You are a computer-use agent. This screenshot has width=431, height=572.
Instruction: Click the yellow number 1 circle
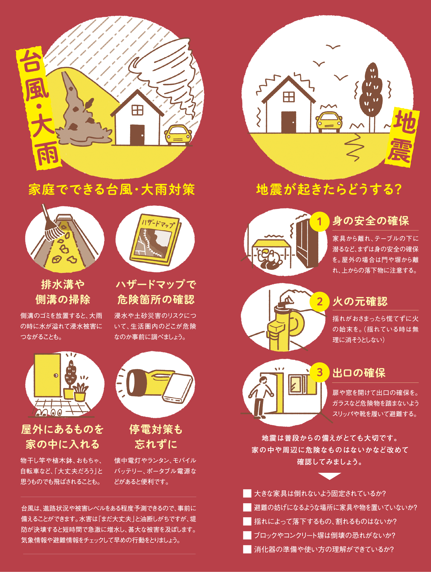320,221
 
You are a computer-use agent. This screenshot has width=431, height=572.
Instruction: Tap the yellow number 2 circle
320,302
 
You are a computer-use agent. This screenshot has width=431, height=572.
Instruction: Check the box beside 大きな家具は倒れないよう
247,493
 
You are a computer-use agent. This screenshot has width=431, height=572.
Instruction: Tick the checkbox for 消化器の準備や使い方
247,549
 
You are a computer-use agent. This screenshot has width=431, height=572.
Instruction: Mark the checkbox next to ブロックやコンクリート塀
247,535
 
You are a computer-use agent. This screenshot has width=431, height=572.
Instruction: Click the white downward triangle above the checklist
329,476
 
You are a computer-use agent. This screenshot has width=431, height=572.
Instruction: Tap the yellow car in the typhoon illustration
178,135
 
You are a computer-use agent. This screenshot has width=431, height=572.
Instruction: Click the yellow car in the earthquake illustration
329,121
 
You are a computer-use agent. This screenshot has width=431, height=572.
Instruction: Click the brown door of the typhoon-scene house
137,135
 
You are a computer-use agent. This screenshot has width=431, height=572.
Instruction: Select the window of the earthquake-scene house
289,97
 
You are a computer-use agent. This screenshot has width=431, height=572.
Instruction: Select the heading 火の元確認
360,302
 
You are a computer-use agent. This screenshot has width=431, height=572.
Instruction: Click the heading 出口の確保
359,373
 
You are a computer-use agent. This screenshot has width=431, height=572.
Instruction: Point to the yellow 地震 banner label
402,137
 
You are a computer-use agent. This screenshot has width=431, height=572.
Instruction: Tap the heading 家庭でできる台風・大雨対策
111,189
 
